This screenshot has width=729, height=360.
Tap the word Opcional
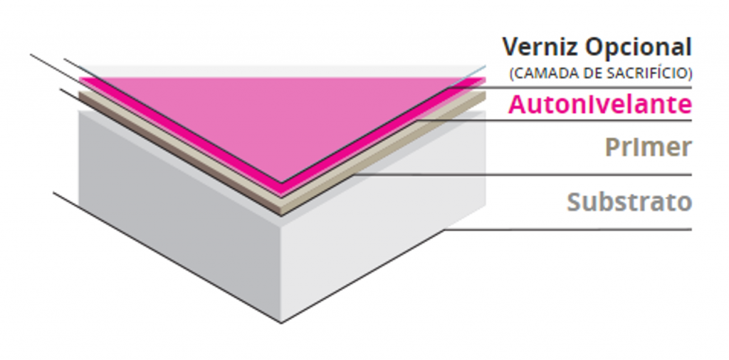pyautogui.click(x=638, y=48)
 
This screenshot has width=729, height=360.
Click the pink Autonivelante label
pyautogui.click(x=599, y=105)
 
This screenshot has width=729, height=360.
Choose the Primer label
pyautogui.click(x=648, y=147)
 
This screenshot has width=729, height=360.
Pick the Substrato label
pyautogui.click(x=629, y=201)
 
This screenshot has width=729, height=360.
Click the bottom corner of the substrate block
pyautogui.click(x=282, y=322)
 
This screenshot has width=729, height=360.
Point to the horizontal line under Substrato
pyautogui.click(x=570, y=229)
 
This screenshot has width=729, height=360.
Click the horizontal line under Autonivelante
pyautogui.click(x=570, y=120)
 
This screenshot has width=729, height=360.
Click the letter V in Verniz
pyautogui.click(x=510, y=48)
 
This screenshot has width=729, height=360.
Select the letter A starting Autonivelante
pyautogui.click(x=517, y=105)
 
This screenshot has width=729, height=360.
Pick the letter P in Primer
pyautogui.click(x=612, y=147)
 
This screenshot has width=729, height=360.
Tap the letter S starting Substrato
pyautogui.click(x=575, y=201)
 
